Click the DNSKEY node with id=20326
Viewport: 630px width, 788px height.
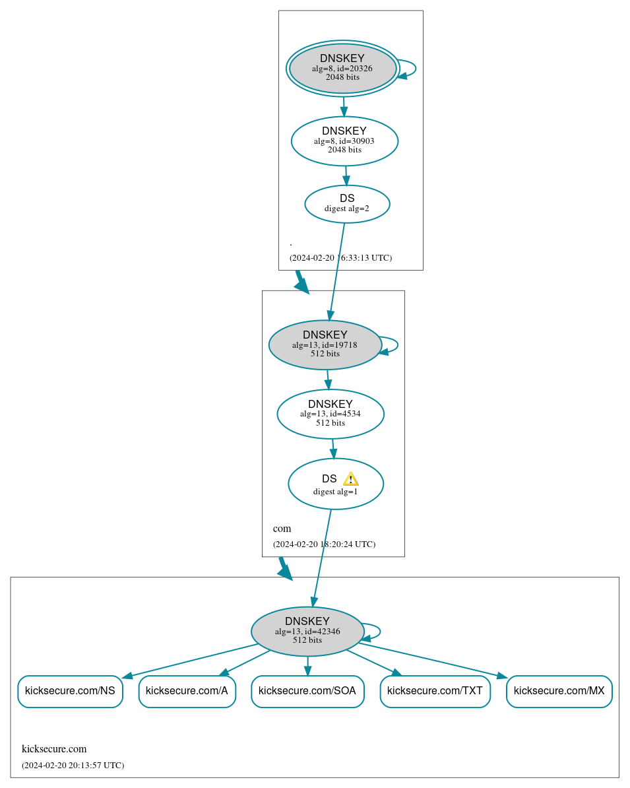click(x=342, y=68)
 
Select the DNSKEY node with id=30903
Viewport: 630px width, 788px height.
click(x=344, y=141)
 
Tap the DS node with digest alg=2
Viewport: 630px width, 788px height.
click(x=347, y=204)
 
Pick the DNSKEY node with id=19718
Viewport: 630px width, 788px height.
click(x=325, y=345)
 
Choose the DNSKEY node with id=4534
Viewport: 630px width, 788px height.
click(x=330, y=414)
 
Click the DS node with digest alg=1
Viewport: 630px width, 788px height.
click(x=335, y=484)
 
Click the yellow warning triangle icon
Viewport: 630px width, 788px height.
click(x=350, y=479)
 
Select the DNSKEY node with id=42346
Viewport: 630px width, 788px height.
click(x=307, y=631)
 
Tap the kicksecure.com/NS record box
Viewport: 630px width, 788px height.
click(x=70, y=691)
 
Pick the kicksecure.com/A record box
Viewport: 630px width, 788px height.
click(x=187, y=691)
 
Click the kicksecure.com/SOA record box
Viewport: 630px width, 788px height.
click(x=307, y=691)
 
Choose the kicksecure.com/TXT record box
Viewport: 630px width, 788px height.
click(x=435, y=691)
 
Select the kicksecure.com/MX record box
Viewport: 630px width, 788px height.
click(x=559, y=691)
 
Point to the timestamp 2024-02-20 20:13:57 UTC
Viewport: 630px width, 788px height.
click(x=73, y=766)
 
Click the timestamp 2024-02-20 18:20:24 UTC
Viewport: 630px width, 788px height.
click(x=324, y=544)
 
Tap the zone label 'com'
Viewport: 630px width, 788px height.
click(x=282, y=529)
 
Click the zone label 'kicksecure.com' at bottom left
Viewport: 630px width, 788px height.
click(x=54, y=749)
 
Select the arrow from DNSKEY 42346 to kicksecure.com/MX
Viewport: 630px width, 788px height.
click(x=435, y=660)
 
